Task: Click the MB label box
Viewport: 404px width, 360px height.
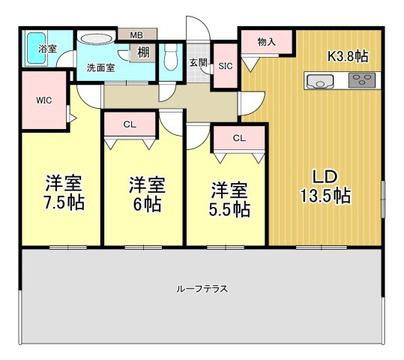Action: [x=136, y=34]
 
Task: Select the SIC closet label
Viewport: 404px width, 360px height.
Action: [x=225, y=65]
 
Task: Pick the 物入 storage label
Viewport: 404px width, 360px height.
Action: [x=266, y=42]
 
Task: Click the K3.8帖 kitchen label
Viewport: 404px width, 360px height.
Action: [x=348, y=55]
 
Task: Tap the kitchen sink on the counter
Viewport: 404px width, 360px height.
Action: [x=319, y=81]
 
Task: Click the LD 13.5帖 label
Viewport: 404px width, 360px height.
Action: [x=328, y=186]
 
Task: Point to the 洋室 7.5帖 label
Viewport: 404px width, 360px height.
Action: [x=64, y=193]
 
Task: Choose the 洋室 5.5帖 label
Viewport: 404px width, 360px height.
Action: [x=229, y=199]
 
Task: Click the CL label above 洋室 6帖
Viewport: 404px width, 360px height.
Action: [x=130, y=124]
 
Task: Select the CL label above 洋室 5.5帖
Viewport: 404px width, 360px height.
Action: [x=239, y=138]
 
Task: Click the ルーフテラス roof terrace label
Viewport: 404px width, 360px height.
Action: [x=202, y=288]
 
